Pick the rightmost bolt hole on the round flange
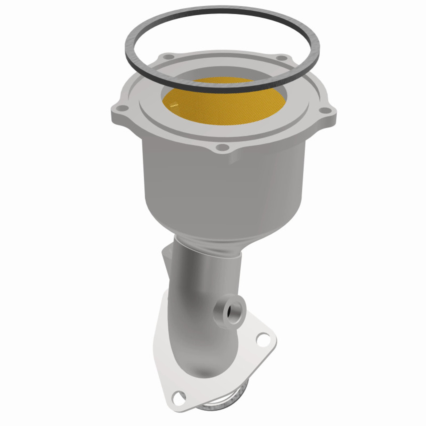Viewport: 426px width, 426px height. pos(322,110)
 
